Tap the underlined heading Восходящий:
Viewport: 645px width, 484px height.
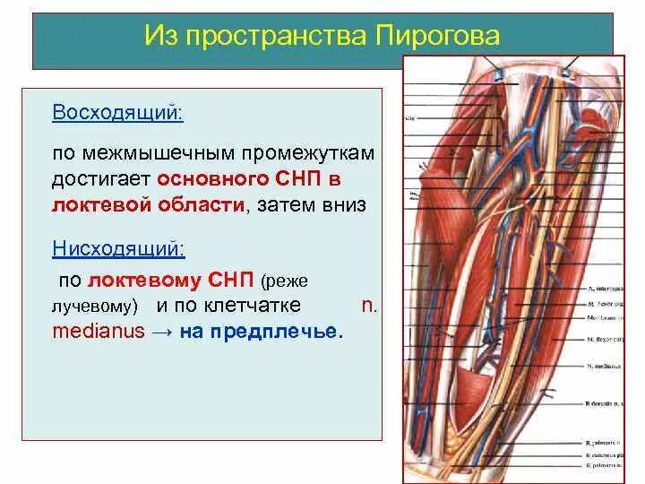click(117, 113)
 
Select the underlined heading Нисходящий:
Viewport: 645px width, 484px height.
click(117, 246)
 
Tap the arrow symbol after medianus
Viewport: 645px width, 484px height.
click(162, 331)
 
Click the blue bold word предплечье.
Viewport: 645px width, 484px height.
click(284, 331)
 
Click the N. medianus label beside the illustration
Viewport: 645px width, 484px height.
click(604, 367)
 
